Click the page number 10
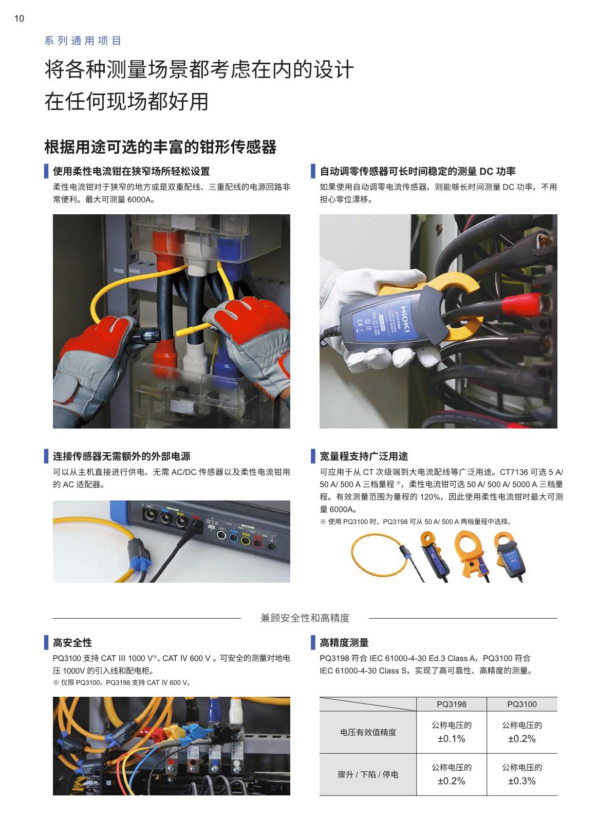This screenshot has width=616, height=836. (x=19, y=18)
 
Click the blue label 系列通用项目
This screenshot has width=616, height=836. (x=83, y=41)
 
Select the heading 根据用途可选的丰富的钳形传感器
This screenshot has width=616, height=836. (x=160, y=146)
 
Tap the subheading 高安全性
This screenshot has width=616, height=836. (x=72, y=643)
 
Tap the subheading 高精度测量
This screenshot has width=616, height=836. (x=344, y=643)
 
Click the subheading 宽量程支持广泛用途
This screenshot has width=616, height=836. (x=364, y=456)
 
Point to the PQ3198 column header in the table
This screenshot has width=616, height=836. (x=452, y=704)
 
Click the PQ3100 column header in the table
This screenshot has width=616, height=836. (x=521, y=704)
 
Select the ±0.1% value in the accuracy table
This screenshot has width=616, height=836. (x=452, y=738)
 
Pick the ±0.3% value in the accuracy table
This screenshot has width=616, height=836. (x=521, y=781)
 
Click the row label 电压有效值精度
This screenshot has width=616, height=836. (x=368, y=732)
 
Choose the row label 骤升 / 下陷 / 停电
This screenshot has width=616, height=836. (x=368, y=774)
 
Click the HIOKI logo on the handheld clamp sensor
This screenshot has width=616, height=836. (x=405, y=319)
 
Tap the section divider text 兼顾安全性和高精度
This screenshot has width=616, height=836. (x=305, y=618)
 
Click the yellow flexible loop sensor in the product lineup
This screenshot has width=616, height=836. (x=377, y=555)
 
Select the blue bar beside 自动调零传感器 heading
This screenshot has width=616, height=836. (x=313, y=171)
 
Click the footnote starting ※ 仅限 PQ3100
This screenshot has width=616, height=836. (x=122, y=682)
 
